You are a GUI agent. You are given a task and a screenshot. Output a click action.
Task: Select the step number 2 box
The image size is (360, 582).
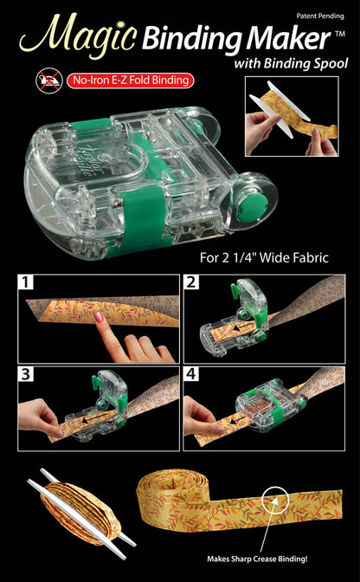[192, 282]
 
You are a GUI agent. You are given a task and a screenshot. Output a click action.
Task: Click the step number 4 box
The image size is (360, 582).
[192, 374]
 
